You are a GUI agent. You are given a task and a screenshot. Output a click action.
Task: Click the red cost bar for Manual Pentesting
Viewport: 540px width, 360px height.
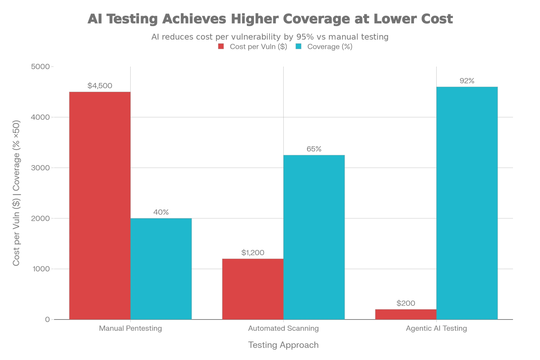pyautogui.click(x=100, y=205)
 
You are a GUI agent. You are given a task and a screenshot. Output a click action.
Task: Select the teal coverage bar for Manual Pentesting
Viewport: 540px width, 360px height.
pyautogui.click(x=161, y=268)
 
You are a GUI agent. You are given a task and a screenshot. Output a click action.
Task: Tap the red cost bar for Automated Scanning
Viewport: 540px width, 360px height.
pyautogui.click(x=252, y=289)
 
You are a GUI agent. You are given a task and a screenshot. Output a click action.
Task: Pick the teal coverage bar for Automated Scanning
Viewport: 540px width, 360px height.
pyautogui.click(x=314, y=237)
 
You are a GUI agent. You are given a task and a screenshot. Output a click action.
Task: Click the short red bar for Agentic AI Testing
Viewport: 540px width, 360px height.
pyautogui.click(x=405, y=314)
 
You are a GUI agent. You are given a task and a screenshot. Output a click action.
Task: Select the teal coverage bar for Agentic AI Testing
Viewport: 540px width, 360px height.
pyautogui.click(x=467, y=202)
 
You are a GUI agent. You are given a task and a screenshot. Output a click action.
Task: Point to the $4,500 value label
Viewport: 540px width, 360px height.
pyautogui.click(x=100, y=85)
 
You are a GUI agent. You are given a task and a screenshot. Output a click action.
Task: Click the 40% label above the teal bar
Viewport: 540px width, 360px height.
pyautogui.click(x=161, y=211)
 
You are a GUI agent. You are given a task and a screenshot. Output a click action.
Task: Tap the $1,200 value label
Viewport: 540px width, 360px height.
pyautogui.click(x=253, y=253)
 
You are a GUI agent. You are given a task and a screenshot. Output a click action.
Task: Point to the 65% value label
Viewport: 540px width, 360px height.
pyautogui.click(x=314, y=148)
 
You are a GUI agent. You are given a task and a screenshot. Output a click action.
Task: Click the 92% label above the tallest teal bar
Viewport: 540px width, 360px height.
pyautogui.click(x=467, y=81)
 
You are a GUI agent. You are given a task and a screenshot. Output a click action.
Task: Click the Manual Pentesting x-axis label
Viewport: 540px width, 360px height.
pyautogui.click(x=130, y=328)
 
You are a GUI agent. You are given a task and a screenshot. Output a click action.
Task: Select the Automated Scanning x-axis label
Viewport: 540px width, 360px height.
pyautogui.click(x=283, y=328)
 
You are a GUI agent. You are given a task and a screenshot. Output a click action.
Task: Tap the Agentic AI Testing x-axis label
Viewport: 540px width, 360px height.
pyautogui.click(x=436, y=328)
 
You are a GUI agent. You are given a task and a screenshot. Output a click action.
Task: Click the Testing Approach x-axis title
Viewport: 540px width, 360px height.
pyautogui.click(x=283, y=345)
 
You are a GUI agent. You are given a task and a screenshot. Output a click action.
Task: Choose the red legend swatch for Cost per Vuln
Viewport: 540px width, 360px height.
pyautogui.click(x=220, y=46)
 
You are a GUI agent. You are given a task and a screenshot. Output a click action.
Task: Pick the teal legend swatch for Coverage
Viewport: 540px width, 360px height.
pyautogui.click(x=299, y=46)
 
